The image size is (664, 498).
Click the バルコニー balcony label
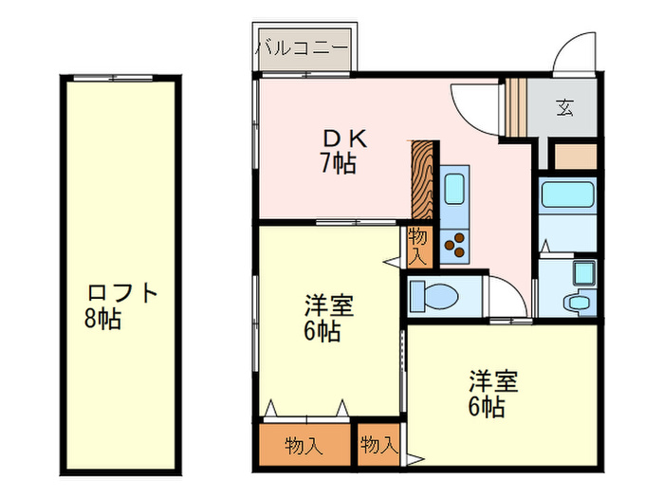pos(303,45)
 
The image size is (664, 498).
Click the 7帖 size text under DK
pos(337,164)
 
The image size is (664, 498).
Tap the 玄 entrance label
pos(564,107)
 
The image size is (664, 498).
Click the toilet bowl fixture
pos(435,294)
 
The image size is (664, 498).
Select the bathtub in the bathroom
pos(567,196)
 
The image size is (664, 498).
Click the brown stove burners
pos(454,245)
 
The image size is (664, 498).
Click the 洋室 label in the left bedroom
pos(329,306)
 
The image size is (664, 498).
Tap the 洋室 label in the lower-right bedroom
pos(492,382)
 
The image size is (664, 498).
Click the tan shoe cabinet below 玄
pos(573,155)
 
